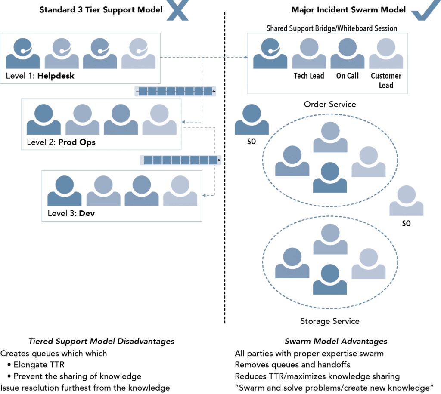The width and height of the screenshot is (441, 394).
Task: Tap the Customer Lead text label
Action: [386, 80]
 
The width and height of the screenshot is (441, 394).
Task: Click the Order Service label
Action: [330, 105]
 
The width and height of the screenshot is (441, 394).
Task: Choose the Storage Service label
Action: [330, 321]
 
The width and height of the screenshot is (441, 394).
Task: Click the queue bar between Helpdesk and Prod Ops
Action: [175, 91]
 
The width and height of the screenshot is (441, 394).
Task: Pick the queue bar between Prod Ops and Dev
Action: [181, 160]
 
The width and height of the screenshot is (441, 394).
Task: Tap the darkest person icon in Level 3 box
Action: [65, 191]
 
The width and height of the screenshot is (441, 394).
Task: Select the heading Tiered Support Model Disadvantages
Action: [101, 341]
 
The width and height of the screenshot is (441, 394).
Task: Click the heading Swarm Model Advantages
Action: [336, 341]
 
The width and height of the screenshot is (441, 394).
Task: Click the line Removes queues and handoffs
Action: [292, 365]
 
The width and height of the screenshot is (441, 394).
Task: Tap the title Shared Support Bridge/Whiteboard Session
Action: [332, 28]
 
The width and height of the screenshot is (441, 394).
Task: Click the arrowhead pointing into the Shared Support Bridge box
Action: [245, 58]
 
